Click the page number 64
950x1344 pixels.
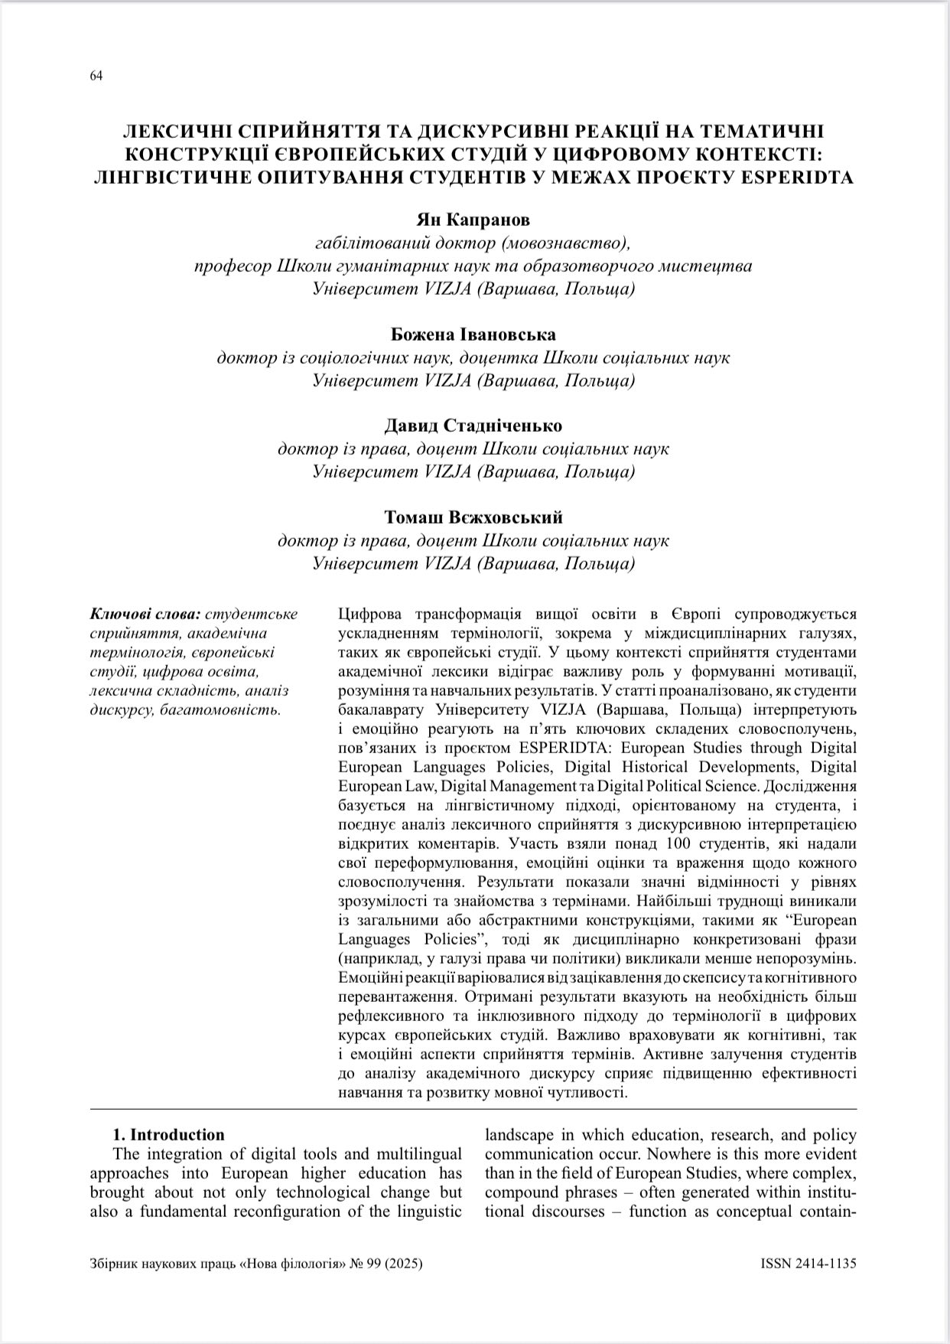point(96,75)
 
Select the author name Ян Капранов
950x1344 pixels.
point(473,220)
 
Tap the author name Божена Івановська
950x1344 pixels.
point(473,334)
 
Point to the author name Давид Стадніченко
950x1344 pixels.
point(473,426)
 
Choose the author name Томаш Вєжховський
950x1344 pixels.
point(473,517)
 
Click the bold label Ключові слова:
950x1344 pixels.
point(146,614)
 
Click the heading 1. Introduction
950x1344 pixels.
point(168,1134)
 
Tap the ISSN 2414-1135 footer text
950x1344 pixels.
point(808,1264)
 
